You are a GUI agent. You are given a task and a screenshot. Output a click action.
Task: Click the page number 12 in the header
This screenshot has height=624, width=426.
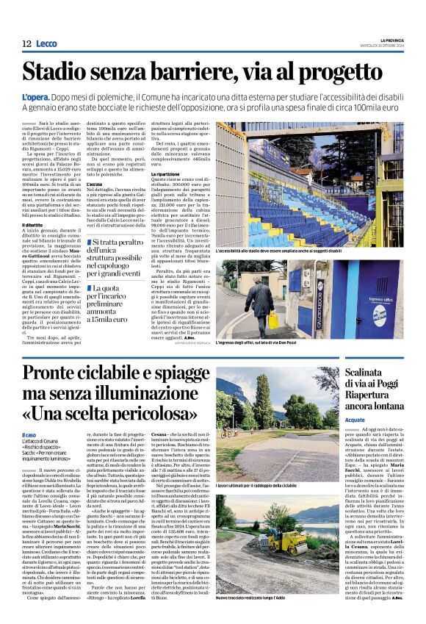pyautogui.click(x=26, y=44)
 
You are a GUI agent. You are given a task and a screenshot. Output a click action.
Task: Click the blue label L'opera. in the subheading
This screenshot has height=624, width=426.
pyautogui.click(x=35, y=96)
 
